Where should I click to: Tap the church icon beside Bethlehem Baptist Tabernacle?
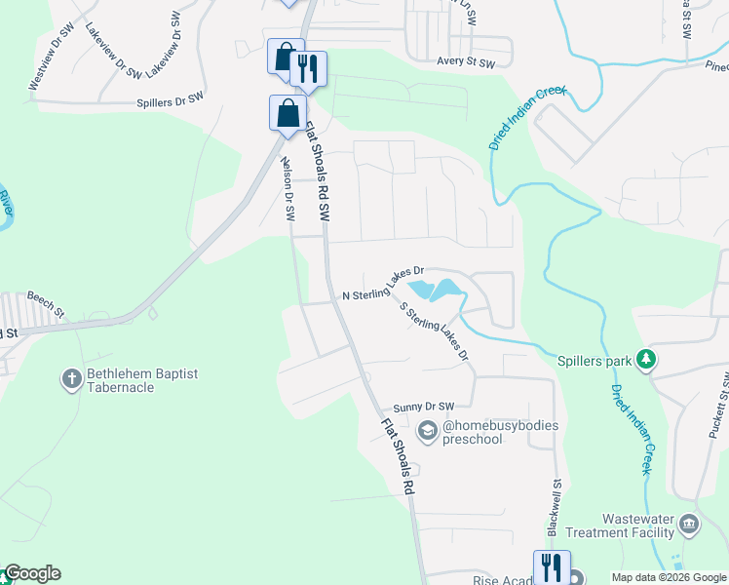point(71,379)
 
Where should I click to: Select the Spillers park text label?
point(595,360)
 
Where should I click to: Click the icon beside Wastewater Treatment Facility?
point(689,526)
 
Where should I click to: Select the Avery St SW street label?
point(466,62)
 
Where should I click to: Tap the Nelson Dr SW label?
point(288,189)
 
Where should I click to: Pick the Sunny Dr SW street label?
point(424,407)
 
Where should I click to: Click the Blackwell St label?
point(555,508)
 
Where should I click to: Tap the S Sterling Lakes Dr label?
point(435,331)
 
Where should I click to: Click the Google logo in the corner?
point(31,573)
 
